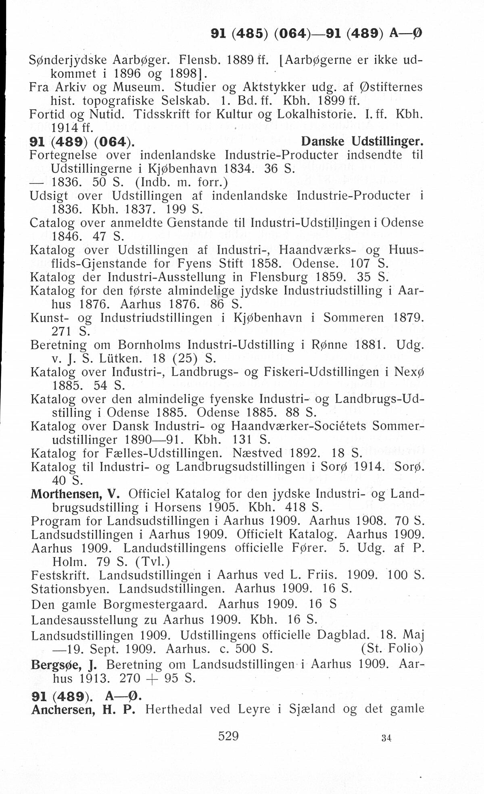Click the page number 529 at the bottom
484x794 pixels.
tap(228, 735)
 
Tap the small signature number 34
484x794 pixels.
tap(386, 738)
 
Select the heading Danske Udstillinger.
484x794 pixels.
tap(363, 142)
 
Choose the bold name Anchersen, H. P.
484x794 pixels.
tap(82, 709)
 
